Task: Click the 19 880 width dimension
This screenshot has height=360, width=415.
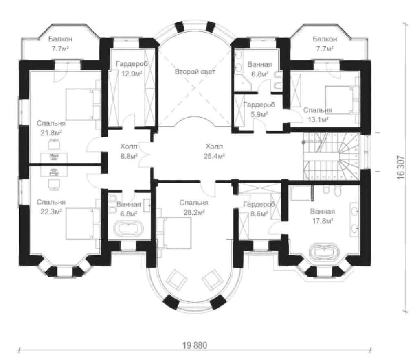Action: (x=195, y=345)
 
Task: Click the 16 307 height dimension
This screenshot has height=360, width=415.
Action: (x=401, y=168)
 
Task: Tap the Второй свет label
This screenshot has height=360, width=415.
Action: (x=195, y=72)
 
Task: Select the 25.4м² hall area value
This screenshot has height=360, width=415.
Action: (x=214, y=157)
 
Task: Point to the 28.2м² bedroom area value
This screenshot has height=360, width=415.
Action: (x=194, y=212)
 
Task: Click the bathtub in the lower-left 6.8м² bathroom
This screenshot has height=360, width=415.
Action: (x=128, y=229)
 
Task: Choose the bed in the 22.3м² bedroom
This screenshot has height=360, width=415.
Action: (x=83, y=224)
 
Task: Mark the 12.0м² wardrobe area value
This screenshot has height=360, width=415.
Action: (x=132, y=74)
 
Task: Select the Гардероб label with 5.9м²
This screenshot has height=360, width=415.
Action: (x=259, y=105)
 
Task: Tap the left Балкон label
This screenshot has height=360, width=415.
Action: (x=60, y=39)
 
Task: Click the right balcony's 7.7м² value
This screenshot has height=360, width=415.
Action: (x=325, y=49)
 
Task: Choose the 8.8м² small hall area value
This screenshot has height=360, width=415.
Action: (x=129, y=156)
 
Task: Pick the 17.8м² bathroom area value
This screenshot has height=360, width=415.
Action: (x=322, y=221)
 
